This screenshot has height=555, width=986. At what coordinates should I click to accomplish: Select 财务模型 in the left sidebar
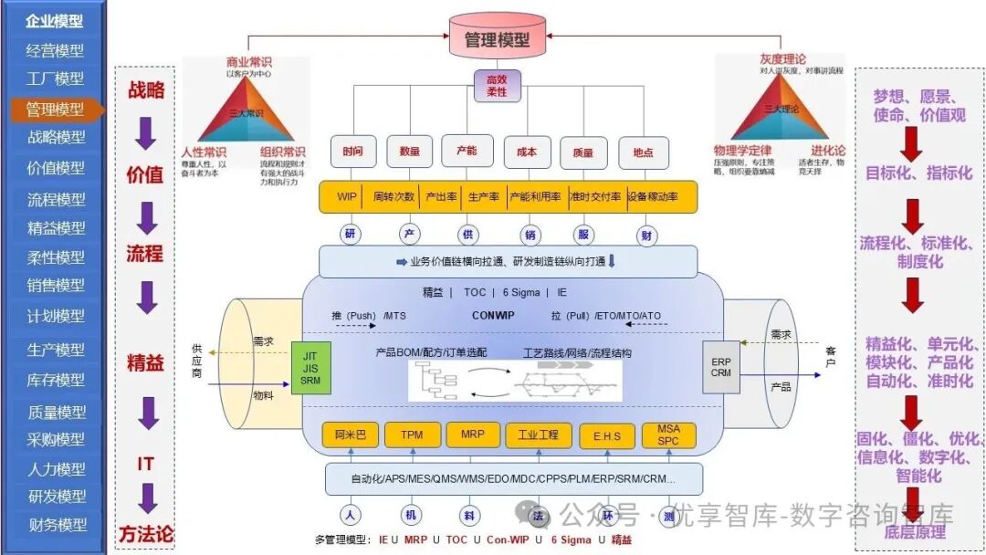coord(57,525)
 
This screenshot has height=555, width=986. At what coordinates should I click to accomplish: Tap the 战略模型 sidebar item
coord(57,138)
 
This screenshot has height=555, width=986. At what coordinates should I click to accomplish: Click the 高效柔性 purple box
coord(497,87)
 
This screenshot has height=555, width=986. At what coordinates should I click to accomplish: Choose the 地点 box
coord(643,152)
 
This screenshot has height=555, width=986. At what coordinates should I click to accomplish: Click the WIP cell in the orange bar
coord(346,197)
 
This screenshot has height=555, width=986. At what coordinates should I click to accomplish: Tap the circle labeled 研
coord(350,235)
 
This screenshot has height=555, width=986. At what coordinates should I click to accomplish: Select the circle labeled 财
coord(646,235)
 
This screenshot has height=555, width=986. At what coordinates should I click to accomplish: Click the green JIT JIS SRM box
coord(310,368)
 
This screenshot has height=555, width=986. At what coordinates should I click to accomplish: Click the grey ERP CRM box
coord(721,367)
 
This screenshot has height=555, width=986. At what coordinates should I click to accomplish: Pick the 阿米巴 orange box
coord(350,435)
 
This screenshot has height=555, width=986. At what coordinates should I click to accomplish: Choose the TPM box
coord(412,435)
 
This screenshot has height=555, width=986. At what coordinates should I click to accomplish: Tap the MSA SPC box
coord(668,435)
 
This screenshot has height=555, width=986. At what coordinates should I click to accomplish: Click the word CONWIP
coord(493,316)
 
